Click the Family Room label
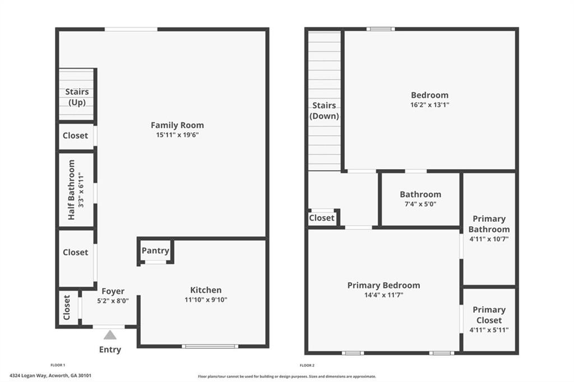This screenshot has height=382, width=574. pyautogui.click(x=177, y=125)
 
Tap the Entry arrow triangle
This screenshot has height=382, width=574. pyautogui.click(x=110, y=335)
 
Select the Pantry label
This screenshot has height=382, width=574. pyautogui.click(x=155, y=250)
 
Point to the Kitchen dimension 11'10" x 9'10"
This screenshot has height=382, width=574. pyautogui.click(x=206, y=300)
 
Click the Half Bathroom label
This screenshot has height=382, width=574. pyautogui.click(x=71, y=189)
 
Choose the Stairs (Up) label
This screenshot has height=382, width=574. pyautogui.click(x=77, y=97)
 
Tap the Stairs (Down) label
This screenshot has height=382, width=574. pyautogui.click(x=325, y=111)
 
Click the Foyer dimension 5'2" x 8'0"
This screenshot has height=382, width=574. pyautogui.click(x=113, y=300)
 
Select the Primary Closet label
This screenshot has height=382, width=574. pyautogui.click(x=489, y=315)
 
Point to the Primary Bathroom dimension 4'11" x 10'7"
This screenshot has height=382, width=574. pyautogui.click(x=489, y=239)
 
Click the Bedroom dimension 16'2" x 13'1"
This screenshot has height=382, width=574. pyautogui.click(x=430, y=105)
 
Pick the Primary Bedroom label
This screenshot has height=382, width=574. pyautogui.click(x=383, y=285)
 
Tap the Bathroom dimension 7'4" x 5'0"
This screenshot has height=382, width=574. pyautogui.click(x=420, y=204)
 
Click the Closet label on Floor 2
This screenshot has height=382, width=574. pyautogui.click(x=322, y=218)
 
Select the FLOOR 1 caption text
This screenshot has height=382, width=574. pyautogui.click(x=58, y=365)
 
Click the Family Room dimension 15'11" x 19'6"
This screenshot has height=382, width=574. pyautogui.click(x=177, y=135)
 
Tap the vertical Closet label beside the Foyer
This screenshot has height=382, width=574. pyautogui.click(x=67, y=308)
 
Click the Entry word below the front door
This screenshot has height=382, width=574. pyautogui.click(x=110, y=350)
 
